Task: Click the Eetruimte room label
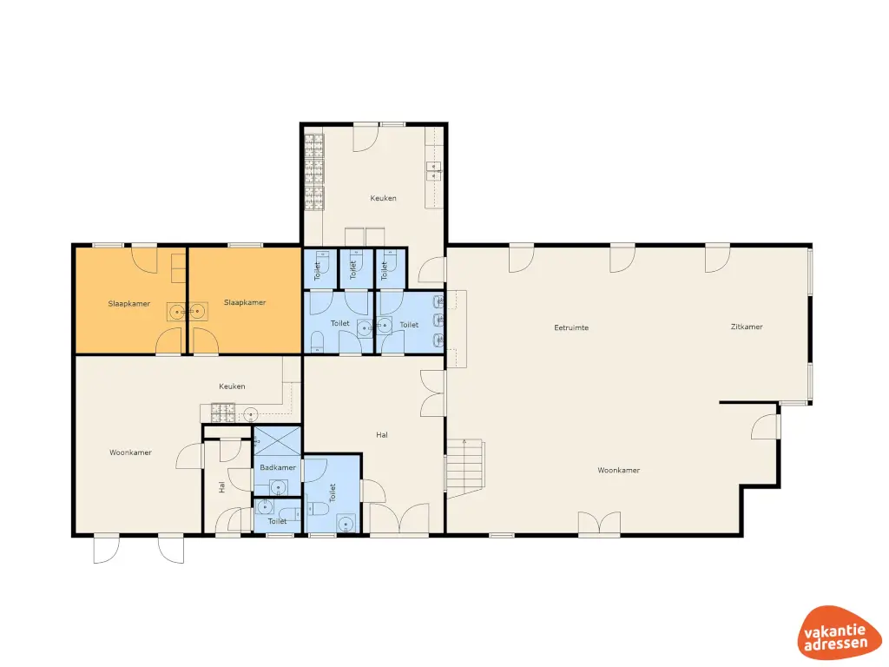571,327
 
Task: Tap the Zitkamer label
747,327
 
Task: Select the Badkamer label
278,468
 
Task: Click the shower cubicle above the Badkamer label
278,439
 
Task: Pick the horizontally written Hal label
381,434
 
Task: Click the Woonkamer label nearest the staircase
618,470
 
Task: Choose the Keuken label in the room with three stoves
383,198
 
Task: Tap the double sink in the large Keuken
433,171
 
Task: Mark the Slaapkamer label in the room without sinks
245,302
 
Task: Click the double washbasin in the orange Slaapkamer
188,310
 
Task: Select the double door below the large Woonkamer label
601,523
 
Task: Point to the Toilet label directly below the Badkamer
277,521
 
